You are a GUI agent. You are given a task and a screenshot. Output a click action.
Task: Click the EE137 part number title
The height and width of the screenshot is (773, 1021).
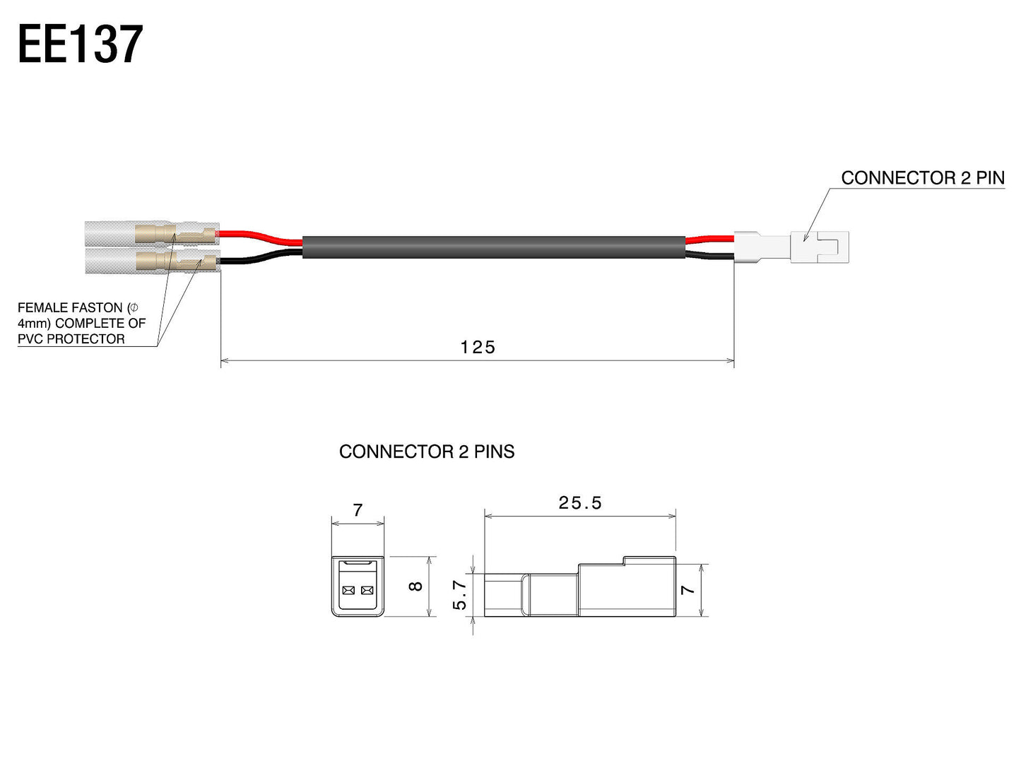coord(80,45)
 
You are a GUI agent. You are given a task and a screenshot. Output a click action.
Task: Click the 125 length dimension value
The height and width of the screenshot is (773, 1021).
coord(478,347)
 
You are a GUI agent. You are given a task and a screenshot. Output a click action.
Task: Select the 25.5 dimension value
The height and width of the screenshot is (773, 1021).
coord(579,502)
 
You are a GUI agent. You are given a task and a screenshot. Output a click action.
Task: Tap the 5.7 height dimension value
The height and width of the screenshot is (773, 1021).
coord(460,595)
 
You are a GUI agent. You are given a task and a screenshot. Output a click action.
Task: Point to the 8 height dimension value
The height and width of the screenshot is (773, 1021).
coord(416,586)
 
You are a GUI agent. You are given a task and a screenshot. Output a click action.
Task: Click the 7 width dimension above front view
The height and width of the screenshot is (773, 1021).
coord(358,509)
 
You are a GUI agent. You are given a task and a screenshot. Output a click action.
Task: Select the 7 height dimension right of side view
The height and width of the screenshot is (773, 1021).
coord(687,589)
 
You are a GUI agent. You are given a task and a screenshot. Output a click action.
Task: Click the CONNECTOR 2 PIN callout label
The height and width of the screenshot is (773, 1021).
coord(922,178)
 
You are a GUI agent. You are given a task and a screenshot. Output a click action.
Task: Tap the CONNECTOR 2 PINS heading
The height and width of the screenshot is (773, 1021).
coord(427,452)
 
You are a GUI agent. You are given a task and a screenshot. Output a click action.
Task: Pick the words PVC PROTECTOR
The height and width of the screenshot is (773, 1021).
coord(71,339)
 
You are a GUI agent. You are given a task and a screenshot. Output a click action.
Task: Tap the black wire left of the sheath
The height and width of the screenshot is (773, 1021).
coord(261,259)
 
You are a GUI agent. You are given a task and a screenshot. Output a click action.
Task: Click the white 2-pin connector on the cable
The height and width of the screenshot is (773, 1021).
coord(791,247)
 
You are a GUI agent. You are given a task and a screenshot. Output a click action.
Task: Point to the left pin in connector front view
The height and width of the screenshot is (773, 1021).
coord(348,590)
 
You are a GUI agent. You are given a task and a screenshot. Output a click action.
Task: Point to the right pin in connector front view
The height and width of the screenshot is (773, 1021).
coord(366,590)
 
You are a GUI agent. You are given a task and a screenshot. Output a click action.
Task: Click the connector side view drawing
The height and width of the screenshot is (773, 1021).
coord(579,590)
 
